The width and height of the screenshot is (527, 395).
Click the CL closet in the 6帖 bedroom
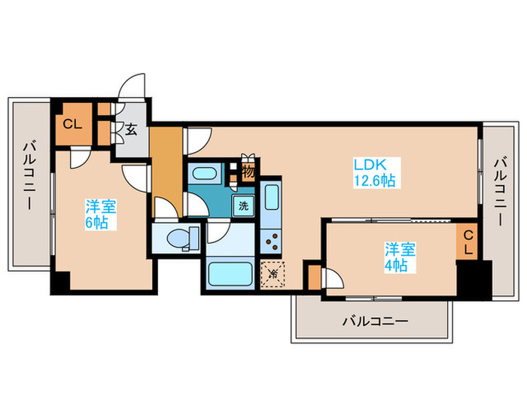72,126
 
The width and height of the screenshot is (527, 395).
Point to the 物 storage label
248,172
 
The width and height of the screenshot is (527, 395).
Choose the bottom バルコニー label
375,321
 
